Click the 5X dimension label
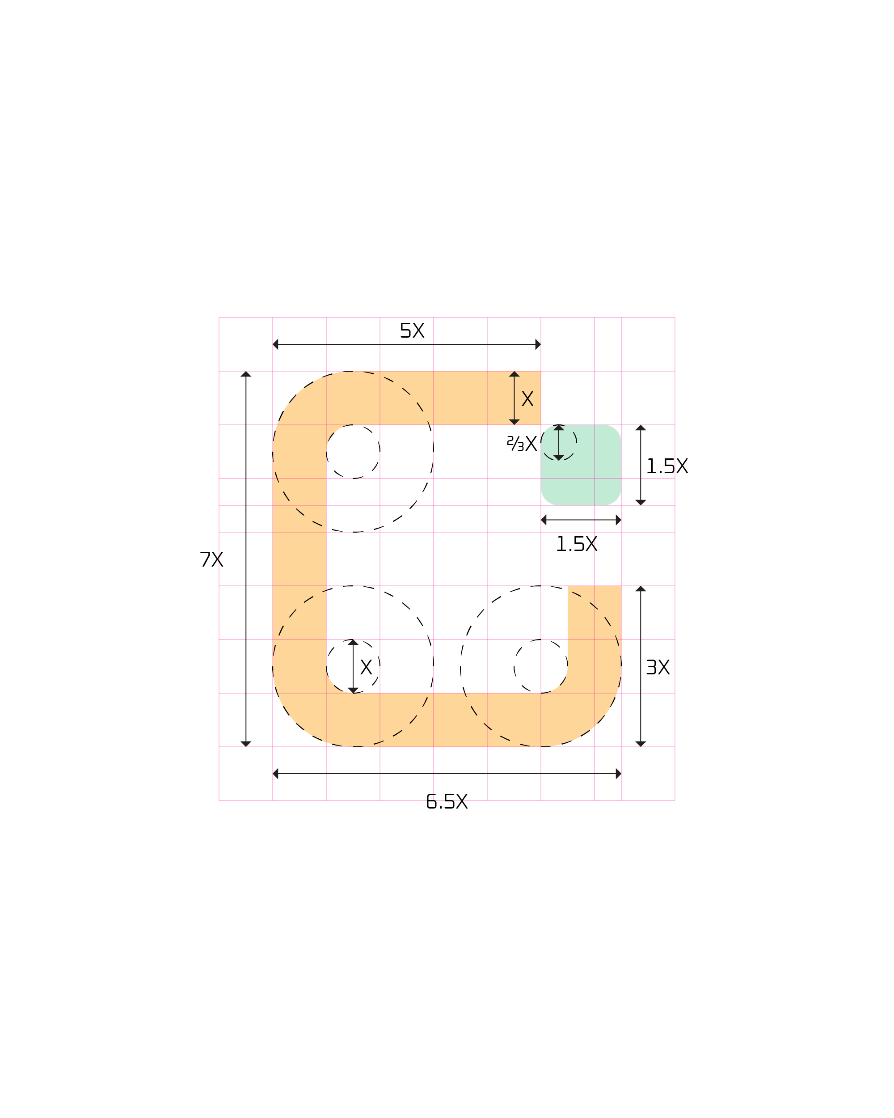click(x=412, y=330)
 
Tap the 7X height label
click(x=211, y=559)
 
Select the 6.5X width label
click(x=447, y=801)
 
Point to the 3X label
click(x=658, y=667)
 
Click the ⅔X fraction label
click(x=522, y=443)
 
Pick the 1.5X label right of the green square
click(x=667, y=466)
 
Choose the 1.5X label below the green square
click(x=577, y=544)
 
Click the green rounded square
click(x=581, y=465)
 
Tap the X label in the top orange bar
click(x=527, y=399)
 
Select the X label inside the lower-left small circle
click(x=367, y=667)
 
